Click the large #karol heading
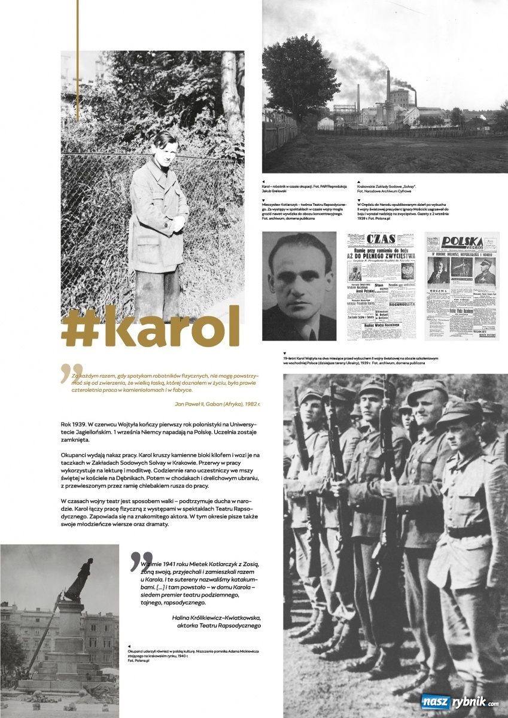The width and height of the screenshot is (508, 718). coord(150,326)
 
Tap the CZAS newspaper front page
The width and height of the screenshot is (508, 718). coord(381,278)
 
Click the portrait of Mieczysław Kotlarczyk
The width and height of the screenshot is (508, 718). coord(300,278)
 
